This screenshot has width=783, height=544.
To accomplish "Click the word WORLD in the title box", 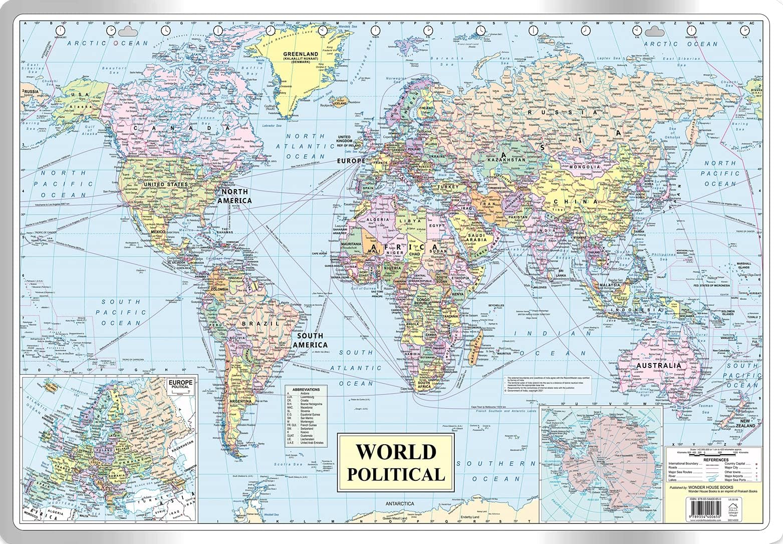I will click(395, 452).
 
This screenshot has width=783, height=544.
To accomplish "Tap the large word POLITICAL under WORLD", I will click(395, 474).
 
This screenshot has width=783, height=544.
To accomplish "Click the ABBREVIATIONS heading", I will click(306, 389).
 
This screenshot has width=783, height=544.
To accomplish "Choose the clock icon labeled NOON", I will click(374, 31).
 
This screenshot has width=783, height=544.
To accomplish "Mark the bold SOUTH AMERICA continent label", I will click(310, 340).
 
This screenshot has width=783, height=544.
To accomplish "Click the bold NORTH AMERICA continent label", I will click(234, 196).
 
